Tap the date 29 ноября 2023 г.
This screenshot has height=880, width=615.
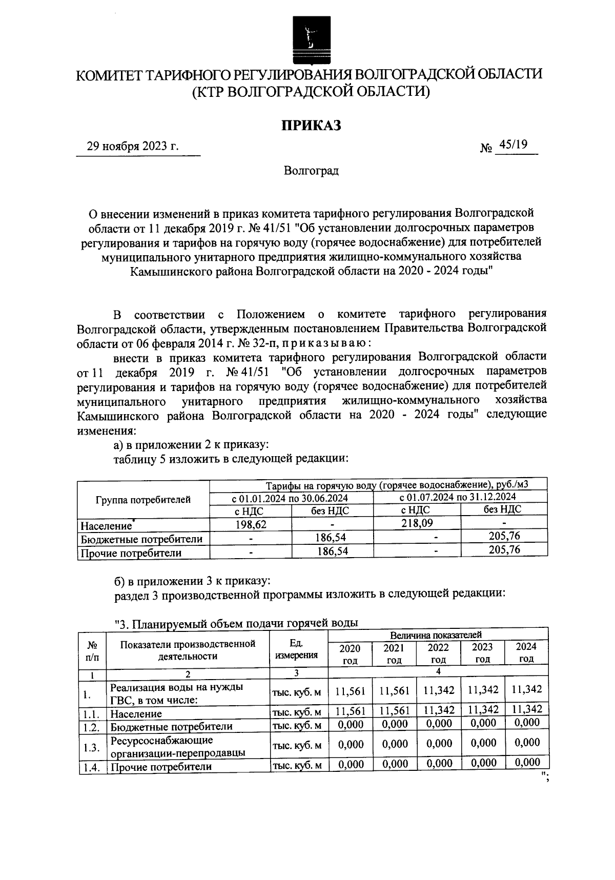pos(132,147)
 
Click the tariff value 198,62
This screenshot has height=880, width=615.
pos(251,524)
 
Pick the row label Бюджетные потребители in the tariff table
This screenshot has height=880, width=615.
pos(141,539)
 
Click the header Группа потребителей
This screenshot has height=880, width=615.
pos(143,500)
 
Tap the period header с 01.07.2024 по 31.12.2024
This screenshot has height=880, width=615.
pos(457,497)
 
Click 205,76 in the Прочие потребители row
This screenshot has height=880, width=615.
pos(504,550)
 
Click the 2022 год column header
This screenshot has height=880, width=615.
pos(439,653)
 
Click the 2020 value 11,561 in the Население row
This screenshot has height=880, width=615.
pos(350,710)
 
